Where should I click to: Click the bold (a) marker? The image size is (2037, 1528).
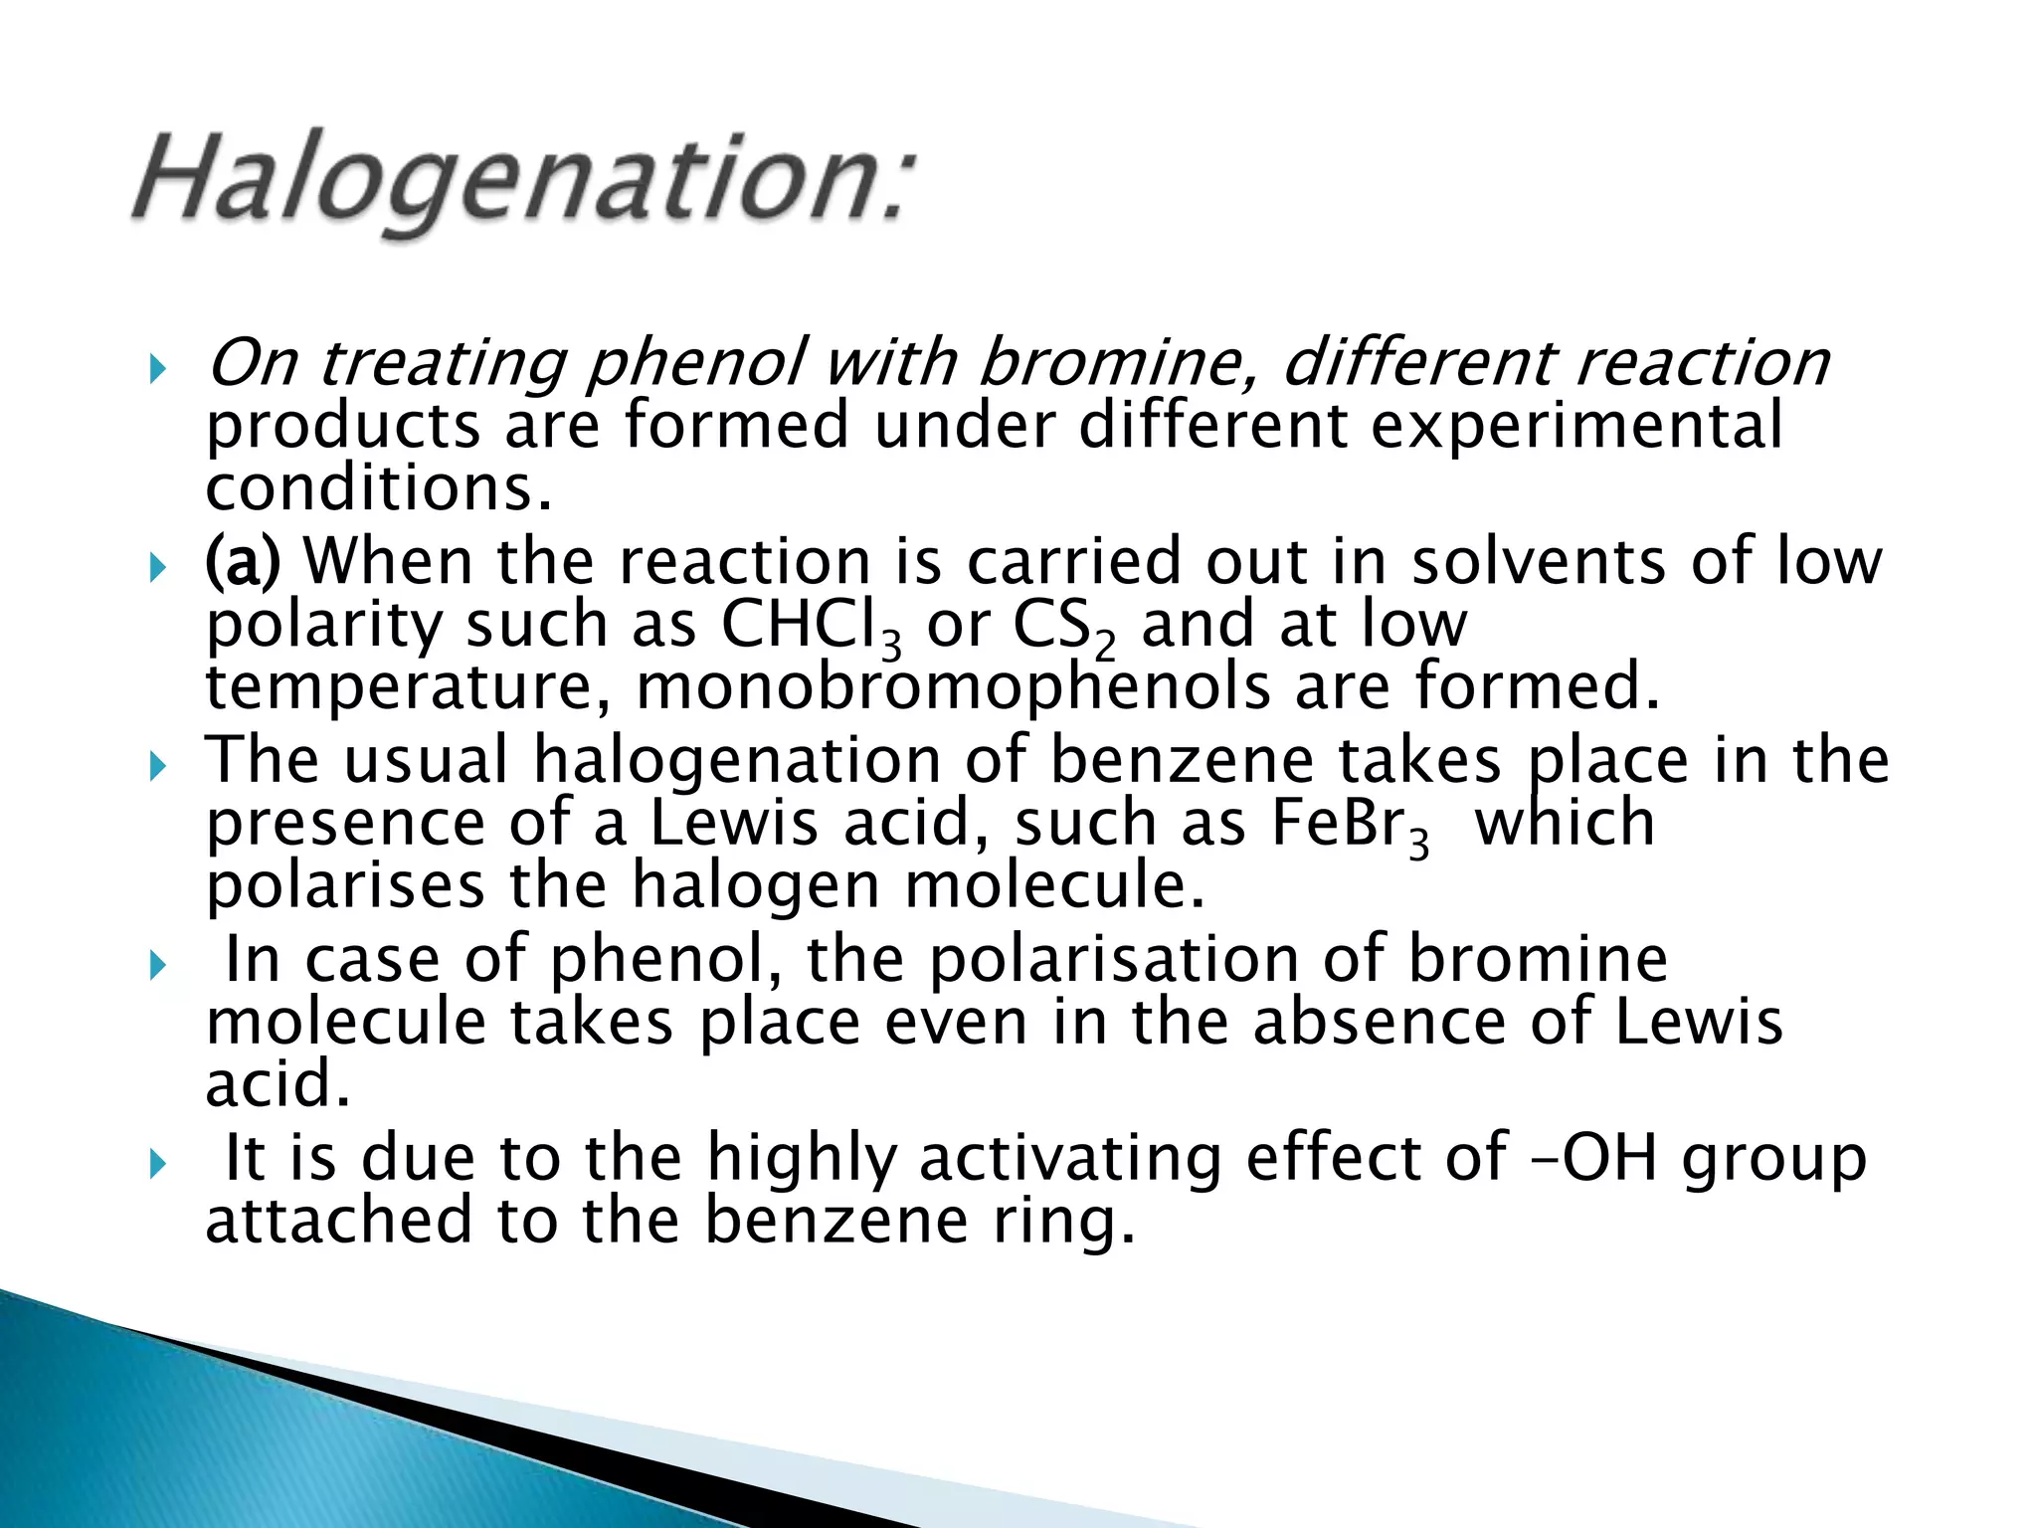(243, 561)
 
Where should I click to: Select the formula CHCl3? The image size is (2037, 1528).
(811, 627)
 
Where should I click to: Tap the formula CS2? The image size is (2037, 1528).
(1063, 627)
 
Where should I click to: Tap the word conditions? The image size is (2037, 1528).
(378, 488)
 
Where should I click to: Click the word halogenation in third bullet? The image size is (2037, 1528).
(737, 761)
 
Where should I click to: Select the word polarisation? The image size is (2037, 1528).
(1113, 960)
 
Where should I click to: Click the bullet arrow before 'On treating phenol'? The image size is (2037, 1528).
(157, 370)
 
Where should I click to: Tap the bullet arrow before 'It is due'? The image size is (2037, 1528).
(157, 1164)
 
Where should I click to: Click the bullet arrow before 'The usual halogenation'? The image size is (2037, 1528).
(157, 767)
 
